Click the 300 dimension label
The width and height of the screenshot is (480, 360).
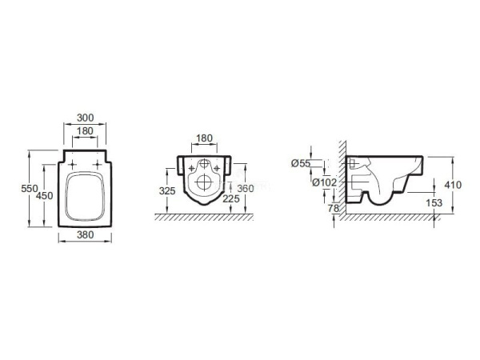click(85, 118)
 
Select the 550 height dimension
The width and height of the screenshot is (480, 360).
click(30, 189)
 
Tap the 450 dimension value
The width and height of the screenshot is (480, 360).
click(44, 196)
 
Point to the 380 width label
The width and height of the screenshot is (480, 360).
click(85, 234)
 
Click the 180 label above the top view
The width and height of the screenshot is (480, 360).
click(85, 131)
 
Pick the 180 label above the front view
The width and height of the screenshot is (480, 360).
click(204, 138)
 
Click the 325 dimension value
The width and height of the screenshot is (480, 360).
click(167, 191)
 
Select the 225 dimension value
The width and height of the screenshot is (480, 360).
click(231, 199)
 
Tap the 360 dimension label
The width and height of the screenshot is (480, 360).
click(246, 189)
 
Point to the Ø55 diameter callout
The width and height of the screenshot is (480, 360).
click(301, 164)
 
